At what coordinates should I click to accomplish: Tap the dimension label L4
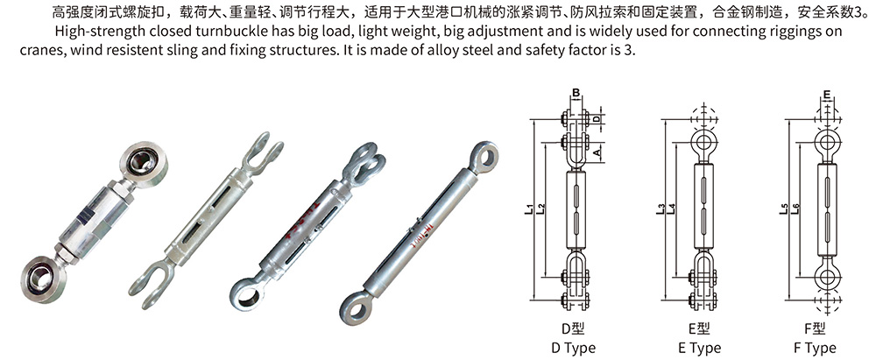pos(671,209)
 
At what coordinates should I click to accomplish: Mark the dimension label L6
pos(795,209)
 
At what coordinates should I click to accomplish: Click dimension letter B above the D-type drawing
pos(576,94)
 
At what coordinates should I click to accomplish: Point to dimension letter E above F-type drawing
pos(827,94)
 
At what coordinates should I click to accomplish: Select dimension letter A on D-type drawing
pos(597,152)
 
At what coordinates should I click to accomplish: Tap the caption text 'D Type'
pos(574,349)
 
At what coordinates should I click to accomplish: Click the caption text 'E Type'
pos(699,349)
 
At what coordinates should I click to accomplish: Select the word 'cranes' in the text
pos(39,49)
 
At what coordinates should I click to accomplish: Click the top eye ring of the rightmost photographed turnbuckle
pos(484,155)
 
